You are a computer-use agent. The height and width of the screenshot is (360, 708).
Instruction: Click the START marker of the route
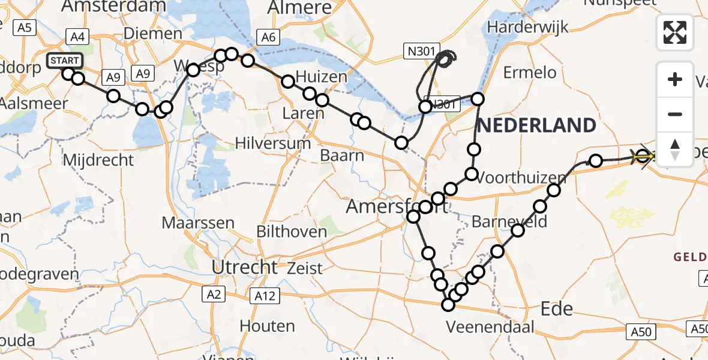point(64,61)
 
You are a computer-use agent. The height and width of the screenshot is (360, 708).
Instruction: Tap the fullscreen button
point(675,32)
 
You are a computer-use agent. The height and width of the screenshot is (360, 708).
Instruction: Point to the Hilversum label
point(273,143)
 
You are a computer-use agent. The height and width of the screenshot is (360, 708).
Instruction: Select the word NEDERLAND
point(536,125)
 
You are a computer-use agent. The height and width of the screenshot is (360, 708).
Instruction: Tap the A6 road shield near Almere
point(268,37)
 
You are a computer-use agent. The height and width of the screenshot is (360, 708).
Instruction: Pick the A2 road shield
point(214,294)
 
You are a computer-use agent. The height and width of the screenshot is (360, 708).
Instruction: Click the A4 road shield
point(77,37)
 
